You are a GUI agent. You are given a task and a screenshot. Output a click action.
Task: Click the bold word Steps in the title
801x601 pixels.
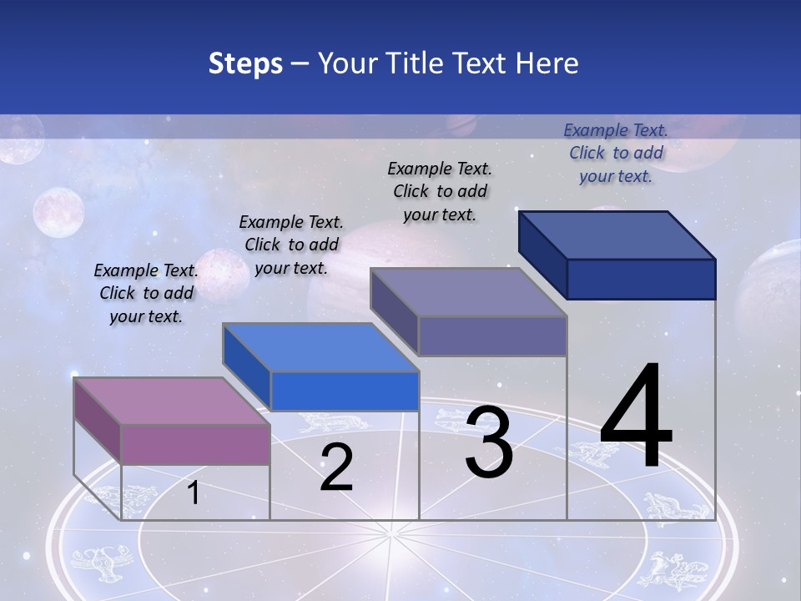(x=245, y=63)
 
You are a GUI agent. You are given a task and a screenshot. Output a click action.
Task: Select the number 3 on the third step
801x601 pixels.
(x=489, y=442)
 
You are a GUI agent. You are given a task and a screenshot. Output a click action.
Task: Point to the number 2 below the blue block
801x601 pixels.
(x=336, y=467)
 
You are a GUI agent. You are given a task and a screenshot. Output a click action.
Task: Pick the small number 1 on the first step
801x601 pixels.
(x=193, y=493)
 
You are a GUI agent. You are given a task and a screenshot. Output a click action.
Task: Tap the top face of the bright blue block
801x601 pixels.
(x=320, y=347)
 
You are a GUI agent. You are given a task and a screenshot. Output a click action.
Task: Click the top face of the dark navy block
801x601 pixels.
(x=617, y=235)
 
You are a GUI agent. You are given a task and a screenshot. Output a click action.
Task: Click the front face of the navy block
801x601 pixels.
(x=641, y=279)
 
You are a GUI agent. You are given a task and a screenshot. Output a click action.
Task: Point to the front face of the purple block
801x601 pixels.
(x=195, y=443)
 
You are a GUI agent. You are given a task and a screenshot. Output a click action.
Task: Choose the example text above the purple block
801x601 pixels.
(x=146, y=293)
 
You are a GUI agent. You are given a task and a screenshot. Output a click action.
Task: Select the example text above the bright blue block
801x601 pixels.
(x=291, y=245)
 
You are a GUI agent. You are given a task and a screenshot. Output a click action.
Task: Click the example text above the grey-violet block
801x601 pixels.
(x=440, y=191)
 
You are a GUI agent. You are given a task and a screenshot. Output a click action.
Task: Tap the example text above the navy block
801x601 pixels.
(x=616, y=153)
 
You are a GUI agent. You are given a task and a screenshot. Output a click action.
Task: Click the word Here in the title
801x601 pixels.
(x=547, y=63)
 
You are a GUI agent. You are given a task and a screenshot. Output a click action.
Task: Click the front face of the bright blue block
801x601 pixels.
(x=344, y=391)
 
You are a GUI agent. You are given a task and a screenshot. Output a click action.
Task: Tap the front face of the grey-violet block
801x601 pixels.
(x=492, y=336)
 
